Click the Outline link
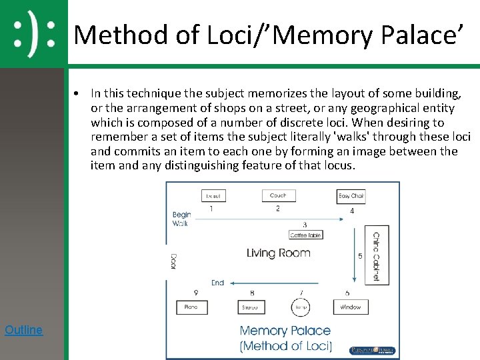tap(23, 329)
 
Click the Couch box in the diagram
tap(278, 195)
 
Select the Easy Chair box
tap(351, 196)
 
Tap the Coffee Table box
tap(306, 235)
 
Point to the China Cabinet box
tap(376, 256)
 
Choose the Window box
tap(351, 307)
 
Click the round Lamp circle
tap(301, 307)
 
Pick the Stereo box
tap(251, 307)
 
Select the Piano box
tap(192, 307)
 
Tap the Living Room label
tap(279, 253)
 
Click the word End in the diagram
tap(218, 283)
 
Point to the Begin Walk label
tap(182, 219)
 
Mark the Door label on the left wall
tap(173, 261)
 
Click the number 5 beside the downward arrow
tap(361, 256)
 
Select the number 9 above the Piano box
tap(196, 293)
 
